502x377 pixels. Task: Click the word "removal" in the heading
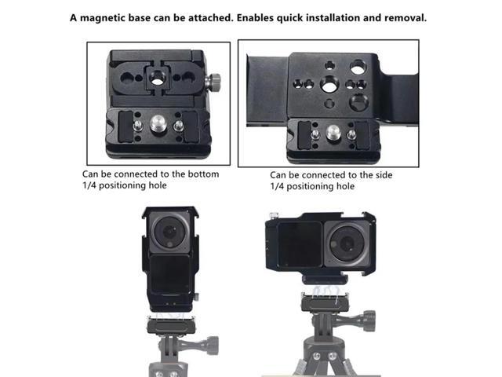click(x=405, y=17)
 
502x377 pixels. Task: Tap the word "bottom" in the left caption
click(x=203, y=174)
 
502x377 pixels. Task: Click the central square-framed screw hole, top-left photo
click(x=157, y=78)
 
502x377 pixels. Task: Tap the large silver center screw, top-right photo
click(x=333, y=133)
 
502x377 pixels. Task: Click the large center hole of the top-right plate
click(x=329, y=85)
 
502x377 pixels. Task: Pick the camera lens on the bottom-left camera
click(x=169, y=232)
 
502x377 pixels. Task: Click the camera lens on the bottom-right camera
click(x=347, y=243)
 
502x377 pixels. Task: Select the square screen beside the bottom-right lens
click(x=300, y=244)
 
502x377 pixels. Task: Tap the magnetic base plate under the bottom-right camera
click(x=326, y=302)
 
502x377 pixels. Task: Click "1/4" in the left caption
click(x=89, y=185)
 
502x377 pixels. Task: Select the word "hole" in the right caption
click(x=345, y=186)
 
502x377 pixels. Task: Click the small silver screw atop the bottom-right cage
click(x=274, y=215)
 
